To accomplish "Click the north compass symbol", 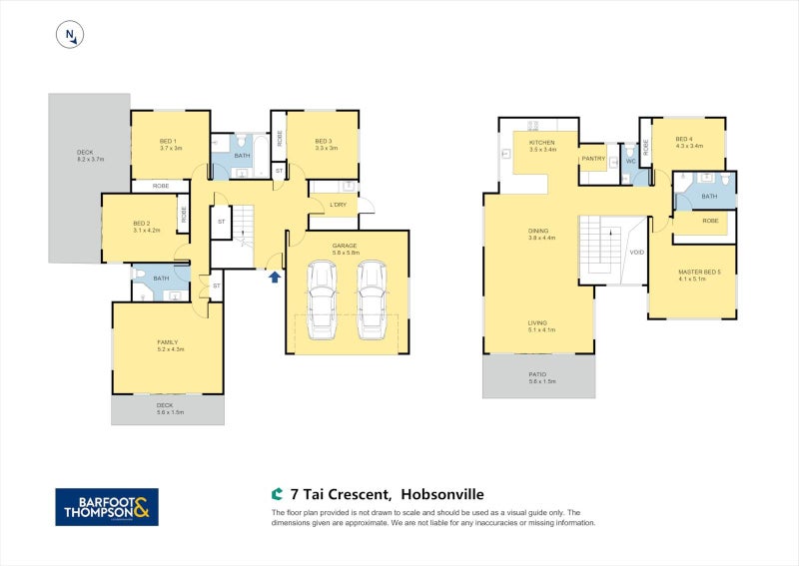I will tap(70, 35).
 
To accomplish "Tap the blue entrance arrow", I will tap(275, 276).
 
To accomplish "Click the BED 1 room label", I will tap(168, 141).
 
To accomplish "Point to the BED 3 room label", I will tap(322, 141).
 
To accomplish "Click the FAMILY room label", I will tap(168, 342).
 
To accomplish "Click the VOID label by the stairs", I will tap(636, 252).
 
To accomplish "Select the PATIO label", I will tap(538, 375).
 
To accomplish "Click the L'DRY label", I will tap(338, 206).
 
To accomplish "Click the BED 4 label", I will tap(683, 139).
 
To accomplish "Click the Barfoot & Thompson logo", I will tap(106, 506).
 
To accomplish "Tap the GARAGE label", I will tap(346, 246).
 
